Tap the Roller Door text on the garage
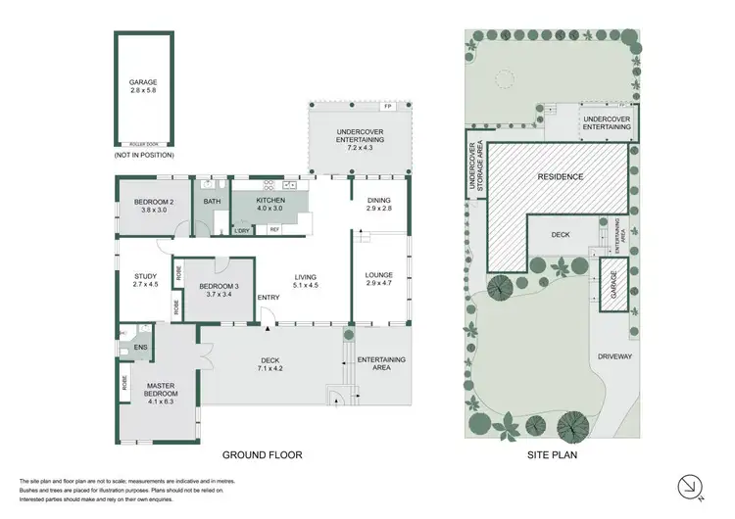144,141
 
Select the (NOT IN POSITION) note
144,156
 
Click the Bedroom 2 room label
154,206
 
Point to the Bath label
212,203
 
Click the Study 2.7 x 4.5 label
145,280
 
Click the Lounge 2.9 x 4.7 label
378,280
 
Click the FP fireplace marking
388,105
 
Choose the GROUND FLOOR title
262,454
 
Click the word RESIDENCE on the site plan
560,177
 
